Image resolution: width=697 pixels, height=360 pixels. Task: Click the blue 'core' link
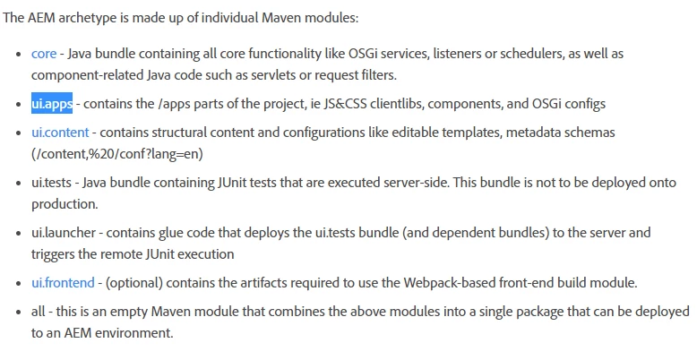44,54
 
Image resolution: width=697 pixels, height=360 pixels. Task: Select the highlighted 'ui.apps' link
52,104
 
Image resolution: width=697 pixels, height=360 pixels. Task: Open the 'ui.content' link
60,133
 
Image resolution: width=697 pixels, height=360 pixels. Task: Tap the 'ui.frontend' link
63,283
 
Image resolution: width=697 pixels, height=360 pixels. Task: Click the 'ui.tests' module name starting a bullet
51,183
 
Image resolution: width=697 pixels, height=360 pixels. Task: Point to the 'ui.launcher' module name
63,233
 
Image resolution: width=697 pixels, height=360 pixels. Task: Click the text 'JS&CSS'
345,104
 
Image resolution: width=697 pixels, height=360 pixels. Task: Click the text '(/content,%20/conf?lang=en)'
116,154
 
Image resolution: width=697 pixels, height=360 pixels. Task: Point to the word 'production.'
65,204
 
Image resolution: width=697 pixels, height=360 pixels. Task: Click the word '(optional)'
133,283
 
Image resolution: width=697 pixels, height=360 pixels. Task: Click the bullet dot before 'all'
18,312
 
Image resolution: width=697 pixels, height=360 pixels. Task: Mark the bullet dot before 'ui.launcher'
18,234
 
